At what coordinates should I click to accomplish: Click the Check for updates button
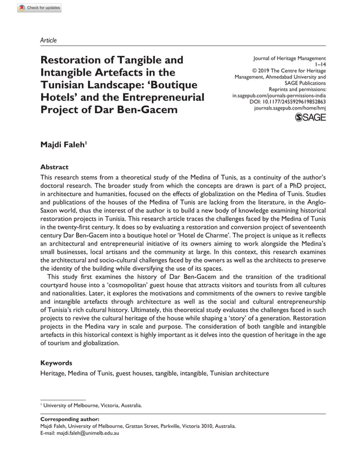pos(39,8)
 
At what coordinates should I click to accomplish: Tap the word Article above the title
pos(49,41)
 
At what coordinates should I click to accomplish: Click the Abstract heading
pos(55,167)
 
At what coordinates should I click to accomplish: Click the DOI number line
pos(287,102)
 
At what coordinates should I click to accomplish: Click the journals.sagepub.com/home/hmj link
pos(290,108)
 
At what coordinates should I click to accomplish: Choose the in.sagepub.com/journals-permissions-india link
pos(279,95)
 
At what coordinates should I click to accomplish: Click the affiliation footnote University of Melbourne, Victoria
pos(93,405)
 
